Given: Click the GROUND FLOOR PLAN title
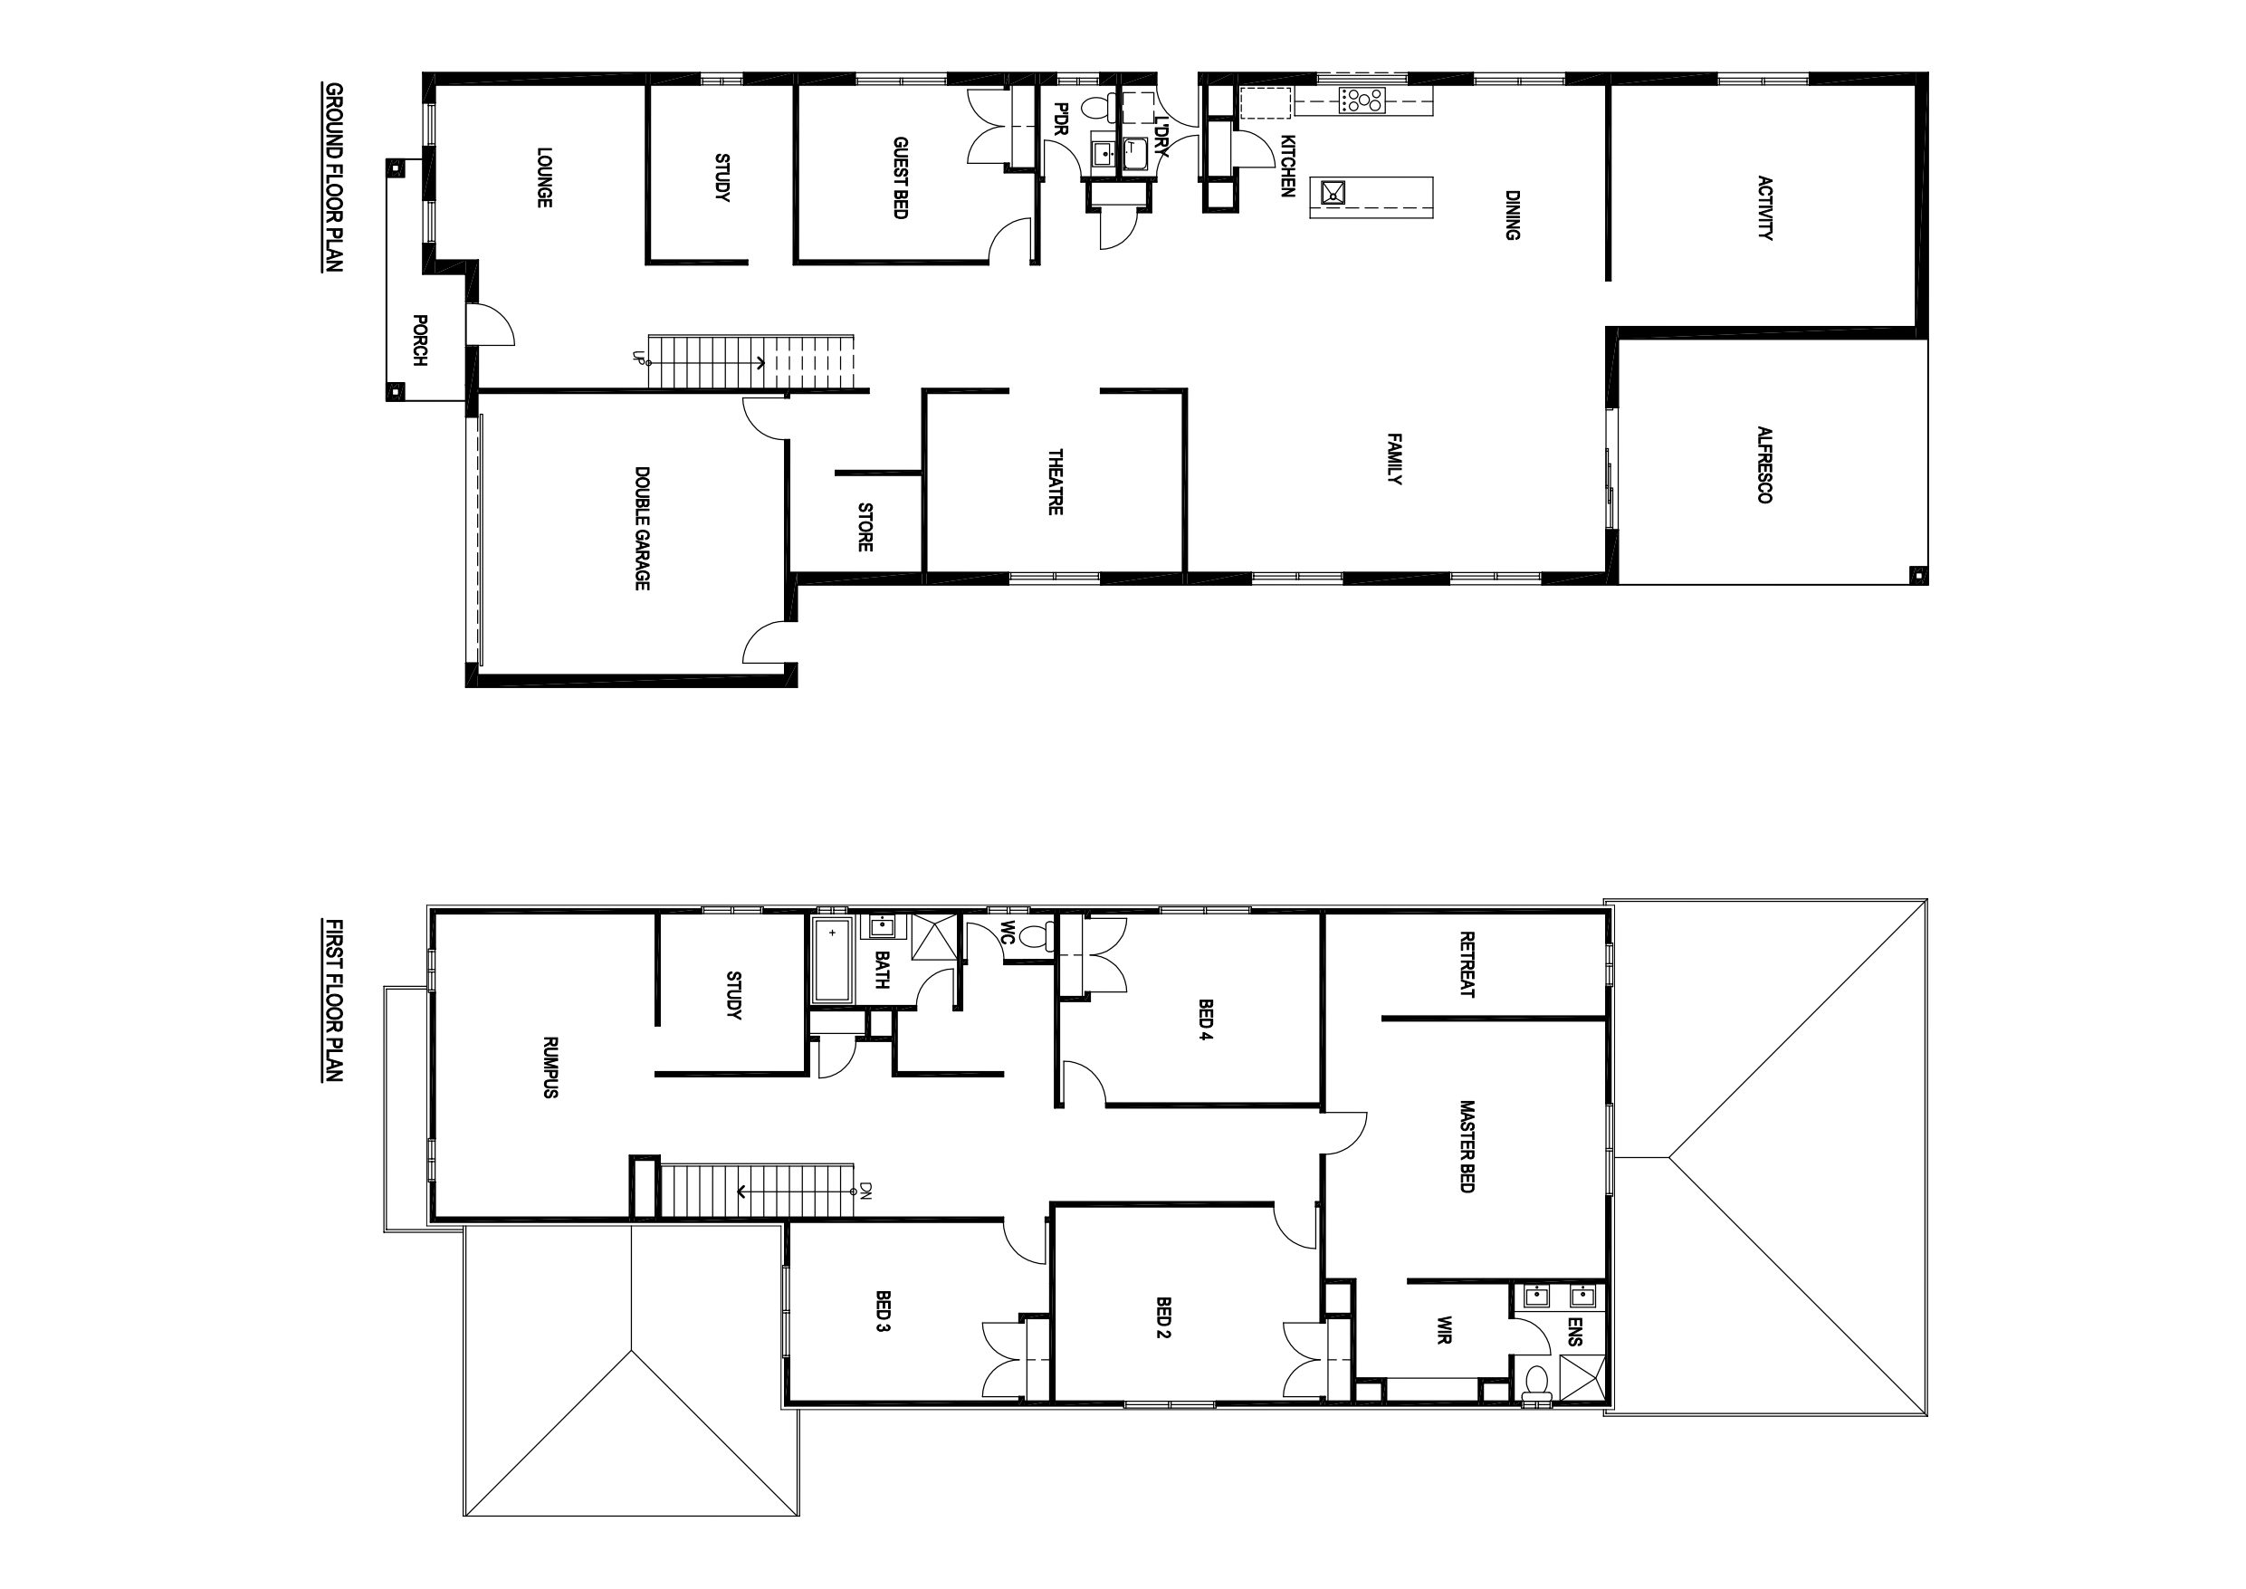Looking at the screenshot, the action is pos(333,177).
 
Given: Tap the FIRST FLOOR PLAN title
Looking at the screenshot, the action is pos(333,1000).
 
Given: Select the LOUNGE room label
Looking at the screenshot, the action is pos(545,177).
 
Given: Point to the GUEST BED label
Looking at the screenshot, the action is pos(900,177).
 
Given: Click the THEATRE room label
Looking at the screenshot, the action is pos(1056,482).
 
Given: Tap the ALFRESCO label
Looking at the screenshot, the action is pos(1763,464).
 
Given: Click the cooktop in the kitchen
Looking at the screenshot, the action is pos(1362,100).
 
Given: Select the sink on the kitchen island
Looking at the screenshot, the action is pos(1333,192).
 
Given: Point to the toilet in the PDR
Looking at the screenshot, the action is pos(1094,109).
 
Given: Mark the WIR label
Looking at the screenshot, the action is pos(1444,1331).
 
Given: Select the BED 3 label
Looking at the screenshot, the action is pos(883,1312).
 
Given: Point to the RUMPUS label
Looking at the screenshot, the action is pos(550,1067).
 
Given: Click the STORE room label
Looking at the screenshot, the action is pos(865,527).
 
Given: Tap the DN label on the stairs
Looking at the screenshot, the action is pos(865,1191).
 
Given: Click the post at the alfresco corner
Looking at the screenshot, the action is pos(1918,573).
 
